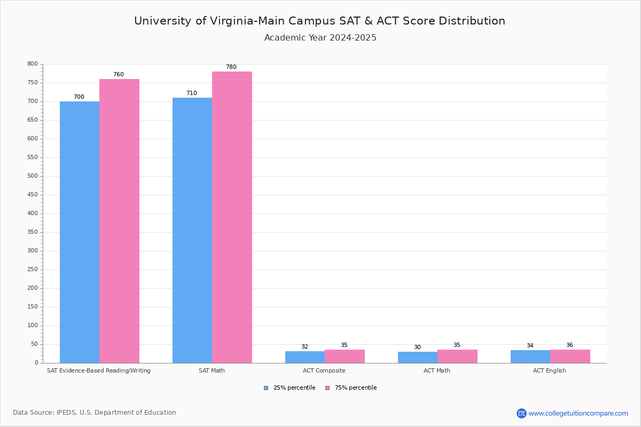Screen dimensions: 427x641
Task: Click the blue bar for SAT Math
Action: click(192, 230)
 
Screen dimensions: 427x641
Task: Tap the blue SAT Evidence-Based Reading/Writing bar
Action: click(80, 232)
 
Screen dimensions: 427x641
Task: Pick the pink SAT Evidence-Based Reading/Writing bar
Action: click(119, 221)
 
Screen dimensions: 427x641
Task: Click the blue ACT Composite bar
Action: click(305, 357)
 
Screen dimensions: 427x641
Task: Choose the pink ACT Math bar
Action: click(457, 357)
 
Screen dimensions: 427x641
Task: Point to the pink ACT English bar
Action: click(570, 357)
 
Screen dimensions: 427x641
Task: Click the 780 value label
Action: click(231, 67)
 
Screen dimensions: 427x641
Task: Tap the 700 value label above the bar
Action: click(79, 97)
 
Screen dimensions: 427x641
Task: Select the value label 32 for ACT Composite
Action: click(304, 347)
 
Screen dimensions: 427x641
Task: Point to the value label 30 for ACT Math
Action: click(417, 347)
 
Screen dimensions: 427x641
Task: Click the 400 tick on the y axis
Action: click(33, 213)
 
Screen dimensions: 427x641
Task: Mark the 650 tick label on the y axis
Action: click(33, 120)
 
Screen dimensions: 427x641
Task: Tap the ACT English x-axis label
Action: click(549, 370)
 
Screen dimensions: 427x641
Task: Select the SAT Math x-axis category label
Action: click(212, 370)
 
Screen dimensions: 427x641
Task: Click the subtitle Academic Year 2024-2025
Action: click(320, 38)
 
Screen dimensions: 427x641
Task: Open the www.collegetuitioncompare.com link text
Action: click(578, 413)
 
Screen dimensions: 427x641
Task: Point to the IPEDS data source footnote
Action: click(95, 413)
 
